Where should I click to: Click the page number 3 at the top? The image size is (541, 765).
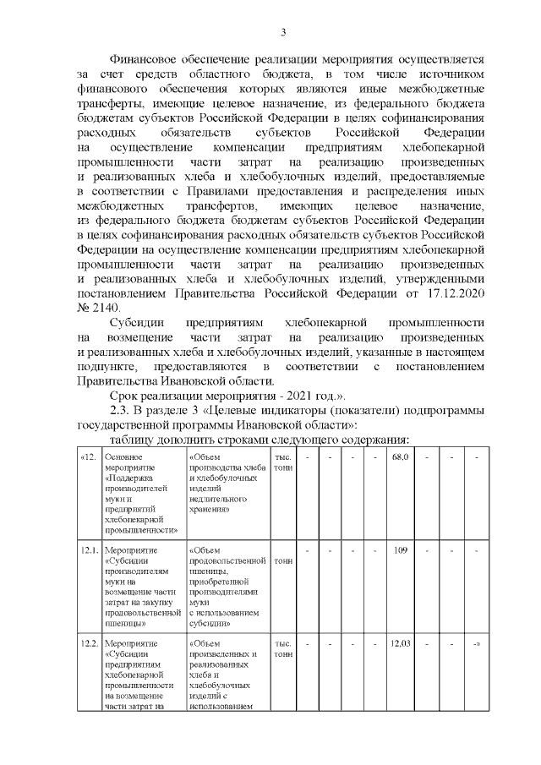click(x=283, y=32)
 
